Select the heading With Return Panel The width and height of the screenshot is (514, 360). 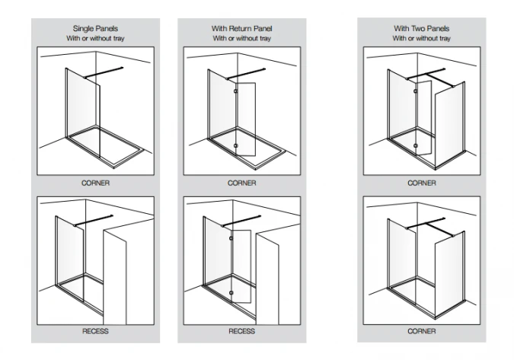coord(241,28)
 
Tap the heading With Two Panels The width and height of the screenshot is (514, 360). coord(421,28)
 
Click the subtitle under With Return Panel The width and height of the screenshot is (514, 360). coord(241,38)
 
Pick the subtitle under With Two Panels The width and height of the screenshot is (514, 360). coord(421,38)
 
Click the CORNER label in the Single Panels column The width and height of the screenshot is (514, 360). coord(96,183)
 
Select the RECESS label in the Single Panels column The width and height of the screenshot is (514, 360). coord(96,332)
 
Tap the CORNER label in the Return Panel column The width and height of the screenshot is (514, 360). coord(241,183)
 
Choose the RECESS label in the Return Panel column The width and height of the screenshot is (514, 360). coord(241,332)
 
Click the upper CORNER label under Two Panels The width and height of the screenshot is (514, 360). coord(421,183)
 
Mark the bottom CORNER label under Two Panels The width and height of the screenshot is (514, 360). coord(421,332)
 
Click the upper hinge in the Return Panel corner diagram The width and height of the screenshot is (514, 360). coord(236,91)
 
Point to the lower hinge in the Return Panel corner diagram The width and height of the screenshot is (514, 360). coord(236,144)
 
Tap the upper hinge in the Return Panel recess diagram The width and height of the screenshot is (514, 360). coord(231,239)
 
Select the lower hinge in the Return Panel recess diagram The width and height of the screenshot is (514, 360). coord(231,292)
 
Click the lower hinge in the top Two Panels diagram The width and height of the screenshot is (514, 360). coord(415,143)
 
